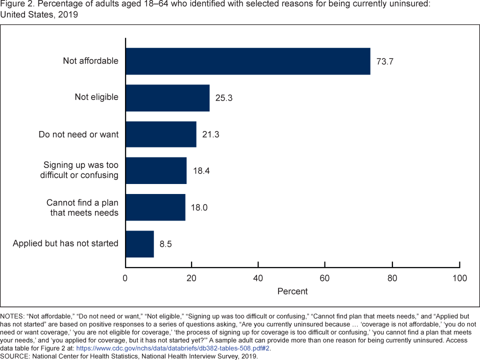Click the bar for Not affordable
(247, 61)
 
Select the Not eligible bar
(167, 97)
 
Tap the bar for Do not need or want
(160, 134)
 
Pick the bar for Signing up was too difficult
(156, 170)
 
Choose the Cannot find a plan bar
(155, 207)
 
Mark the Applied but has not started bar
(139, 244)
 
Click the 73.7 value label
(385, 61)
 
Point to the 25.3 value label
(224, 98)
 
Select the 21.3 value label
(210, 134)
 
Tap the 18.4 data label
(201, 171)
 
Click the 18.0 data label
(199, 207)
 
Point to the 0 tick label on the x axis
(125, 278)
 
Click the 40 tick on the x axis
(258, 278)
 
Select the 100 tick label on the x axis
(459, 278)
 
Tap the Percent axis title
(292, 291)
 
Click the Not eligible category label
(96, 97)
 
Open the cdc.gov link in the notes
(173, 348)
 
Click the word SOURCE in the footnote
(16, 356)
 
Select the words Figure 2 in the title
(16, 4)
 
